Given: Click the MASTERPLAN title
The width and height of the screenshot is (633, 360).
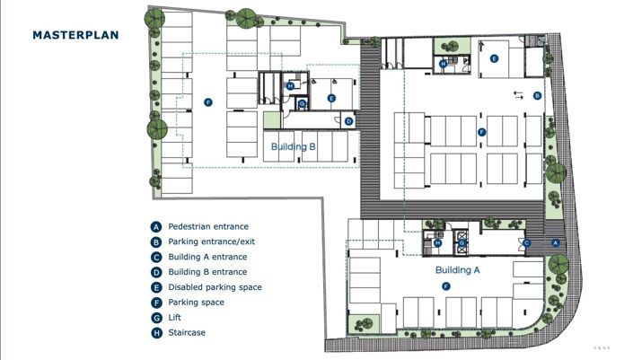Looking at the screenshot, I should coord(75,35).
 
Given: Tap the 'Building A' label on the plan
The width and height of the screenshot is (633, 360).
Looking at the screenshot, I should coord(458,269).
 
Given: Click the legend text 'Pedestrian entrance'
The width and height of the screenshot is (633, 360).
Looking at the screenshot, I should coord(208,227).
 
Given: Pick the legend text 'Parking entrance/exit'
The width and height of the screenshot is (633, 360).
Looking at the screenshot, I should coord(213,242).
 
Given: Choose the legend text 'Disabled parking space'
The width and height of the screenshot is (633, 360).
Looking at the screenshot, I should coord(215,287).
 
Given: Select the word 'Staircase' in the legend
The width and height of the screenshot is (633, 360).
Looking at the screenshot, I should coord(187,333).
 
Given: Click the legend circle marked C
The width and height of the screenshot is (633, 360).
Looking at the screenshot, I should coord(156,258).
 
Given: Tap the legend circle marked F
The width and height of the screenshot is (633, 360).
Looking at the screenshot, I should coord(156,303).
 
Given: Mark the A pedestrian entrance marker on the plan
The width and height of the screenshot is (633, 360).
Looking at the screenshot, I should coord(555,242).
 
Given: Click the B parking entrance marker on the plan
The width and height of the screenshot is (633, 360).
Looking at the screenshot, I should coord(537,95).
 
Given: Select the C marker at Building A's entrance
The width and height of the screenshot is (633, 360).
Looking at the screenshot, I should coord(527,242).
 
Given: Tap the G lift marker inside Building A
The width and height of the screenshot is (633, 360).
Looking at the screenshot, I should coord(462,242).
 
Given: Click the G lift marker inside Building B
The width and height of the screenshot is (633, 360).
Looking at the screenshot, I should coord(303,104).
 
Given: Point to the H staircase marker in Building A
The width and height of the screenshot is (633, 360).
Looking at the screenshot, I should coord(437,242).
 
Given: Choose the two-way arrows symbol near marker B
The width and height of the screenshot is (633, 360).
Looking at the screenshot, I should coord(519,94).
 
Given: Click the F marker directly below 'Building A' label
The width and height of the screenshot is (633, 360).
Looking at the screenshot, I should coord(445,285).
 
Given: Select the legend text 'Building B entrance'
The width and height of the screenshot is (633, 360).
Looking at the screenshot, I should coord(207,272).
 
